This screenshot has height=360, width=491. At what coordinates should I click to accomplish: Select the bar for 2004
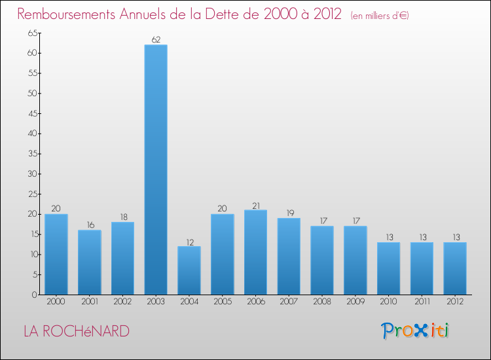coord(189,270)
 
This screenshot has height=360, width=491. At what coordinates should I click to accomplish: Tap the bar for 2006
coord(255,252)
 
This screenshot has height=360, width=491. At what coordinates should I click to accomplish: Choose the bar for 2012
coord(455,268)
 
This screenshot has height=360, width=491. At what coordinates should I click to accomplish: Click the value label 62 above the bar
coord(156,39)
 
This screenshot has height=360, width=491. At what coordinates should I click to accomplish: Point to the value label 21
coord(255,206)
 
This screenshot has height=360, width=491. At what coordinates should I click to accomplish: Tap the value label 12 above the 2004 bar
coord(189,242)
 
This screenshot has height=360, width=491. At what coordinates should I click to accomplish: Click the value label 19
coord(289,213)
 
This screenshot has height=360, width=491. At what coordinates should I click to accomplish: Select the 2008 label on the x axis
coord(322,302)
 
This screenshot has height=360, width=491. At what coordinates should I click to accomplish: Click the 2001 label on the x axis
coord(90,302)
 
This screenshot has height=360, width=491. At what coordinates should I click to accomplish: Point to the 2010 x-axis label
coord(388,302)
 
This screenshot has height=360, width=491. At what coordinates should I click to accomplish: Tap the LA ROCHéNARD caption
coord(77,331)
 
